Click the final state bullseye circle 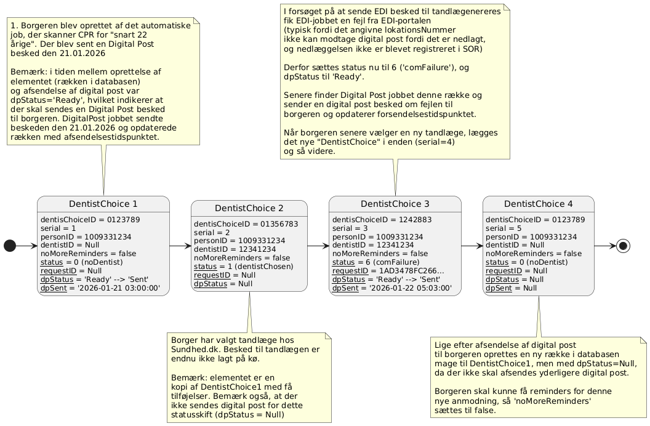point(622,246)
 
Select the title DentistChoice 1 point(103,204)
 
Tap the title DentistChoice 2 point(249,208)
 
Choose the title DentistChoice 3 point(395,204)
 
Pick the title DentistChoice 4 point(538,204)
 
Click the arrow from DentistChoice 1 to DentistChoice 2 point(180,246)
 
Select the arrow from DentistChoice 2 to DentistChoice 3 point(318,246)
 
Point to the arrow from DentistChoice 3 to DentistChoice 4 point(472,246)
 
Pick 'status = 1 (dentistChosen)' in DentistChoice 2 point(243,267)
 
